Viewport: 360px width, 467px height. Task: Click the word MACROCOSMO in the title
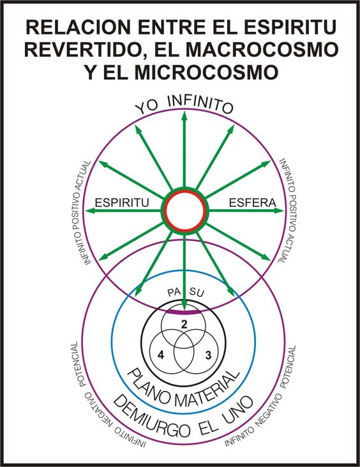(x=262, y=49)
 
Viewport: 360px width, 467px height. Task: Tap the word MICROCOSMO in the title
(x=206, y=72)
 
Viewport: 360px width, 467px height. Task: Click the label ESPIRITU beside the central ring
(x=121, y=202)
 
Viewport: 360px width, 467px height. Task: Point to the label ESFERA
(x=252, y=202)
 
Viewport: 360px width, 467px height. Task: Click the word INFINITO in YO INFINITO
(x=200, y=105)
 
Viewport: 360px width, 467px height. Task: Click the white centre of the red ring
(x=184, y=211)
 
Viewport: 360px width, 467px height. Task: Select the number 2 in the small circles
(x=184, y=324)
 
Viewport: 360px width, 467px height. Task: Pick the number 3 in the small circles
(x=208, y=355)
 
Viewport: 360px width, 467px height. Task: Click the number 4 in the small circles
(x=161, y=355)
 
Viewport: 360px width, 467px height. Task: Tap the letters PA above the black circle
(x=174, y=292)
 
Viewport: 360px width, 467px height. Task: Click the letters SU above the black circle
(x=197, y=293)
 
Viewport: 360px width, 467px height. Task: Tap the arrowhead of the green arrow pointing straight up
(x=184, y=115)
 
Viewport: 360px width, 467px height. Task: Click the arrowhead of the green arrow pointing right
(x=278, y=211)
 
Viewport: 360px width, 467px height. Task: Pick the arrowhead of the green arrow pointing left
(x=90, y=211)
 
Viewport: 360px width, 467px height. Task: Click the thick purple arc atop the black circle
(x=183, y=313)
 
